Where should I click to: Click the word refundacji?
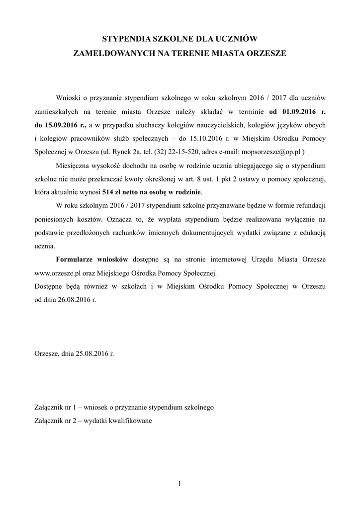pyautogui.click(x=307, y=205)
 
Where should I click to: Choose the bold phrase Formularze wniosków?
pyautogui.click(x=92, y=259)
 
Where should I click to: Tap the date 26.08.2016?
pyautogui.click(x=72, y=299)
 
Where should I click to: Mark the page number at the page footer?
pyautogui.click(x=180, y=484)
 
